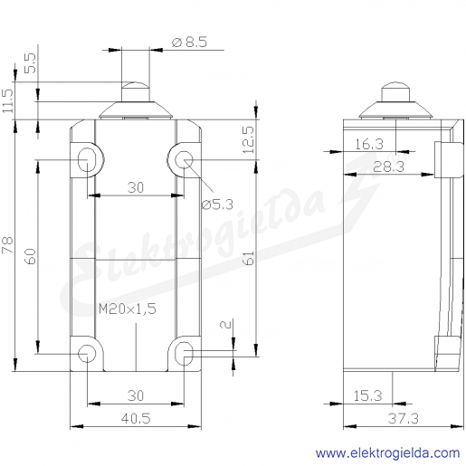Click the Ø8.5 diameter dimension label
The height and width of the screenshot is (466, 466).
[190, 42]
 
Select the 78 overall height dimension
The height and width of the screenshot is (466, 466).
[7, 245]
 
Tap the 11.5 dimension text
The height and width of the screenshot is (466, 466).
[8, 101]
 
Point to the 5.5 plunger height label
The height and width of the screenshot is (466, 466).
[30, 63]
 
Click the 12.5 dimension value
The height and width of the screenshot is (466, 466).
[249, 139]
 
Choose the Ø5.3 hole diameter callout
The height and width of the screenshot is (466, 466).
[217, 204]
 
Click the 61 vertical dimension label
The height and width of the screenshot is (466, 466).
[249, 258]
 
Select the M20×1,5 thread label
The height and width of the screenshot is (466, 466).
[128, 309]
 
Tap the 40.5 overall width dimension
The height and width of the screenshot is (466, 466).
[136, 418]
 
